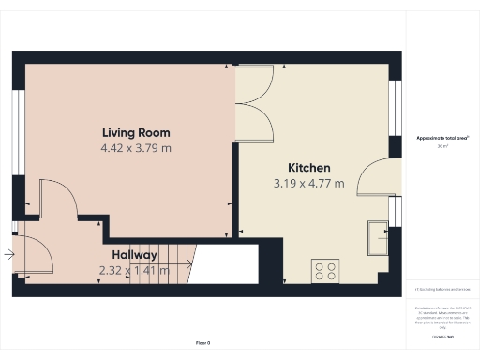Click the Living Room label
136,132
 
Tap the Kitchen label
308,168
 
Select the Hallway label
135,255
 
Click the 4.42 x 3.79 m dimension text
136,148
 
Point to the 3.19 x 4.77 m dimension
308,184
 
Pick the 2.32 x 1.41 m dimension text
134,271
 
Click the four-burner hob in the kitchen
324,271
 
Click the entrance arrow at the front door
8,253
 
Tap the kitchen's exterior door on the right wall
377,177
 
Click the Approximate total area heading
442,138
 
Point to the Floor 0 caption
202,344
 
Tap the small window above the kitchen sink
395,212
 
